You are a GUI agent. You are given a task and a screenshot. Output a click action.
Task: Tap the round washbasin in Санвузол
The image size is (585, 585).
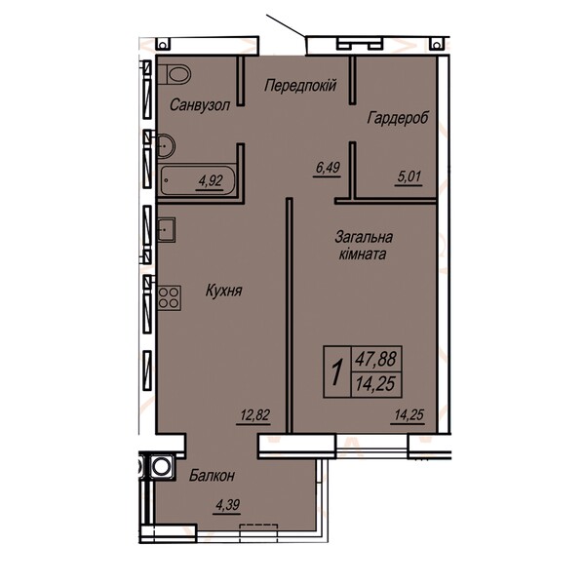tap(165, 145)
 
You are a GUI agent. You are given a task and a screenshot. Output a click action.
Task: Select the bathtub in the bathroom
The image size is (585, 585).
tap(198, 180)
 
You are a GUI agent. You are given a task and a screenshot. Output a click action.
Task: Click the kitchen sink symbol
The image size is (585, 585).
tap(166, 229)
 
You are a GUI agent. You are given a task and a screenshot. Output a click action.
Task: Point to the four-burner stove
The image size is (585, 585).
tap(169, 297)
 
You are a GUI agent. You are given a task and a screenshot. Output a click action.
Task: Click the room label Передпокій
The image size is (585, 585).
tap(300, 86)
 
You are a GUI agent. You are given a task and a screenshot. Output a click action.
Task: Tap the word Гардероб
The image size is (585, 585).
tap(398, 118)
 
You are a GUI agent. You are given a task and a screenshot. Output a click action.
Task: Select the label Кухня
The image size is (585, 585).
tap(224, 291)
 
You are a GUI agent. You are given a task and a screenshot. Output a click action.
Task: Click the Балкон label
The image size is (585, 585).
tap(212, 476)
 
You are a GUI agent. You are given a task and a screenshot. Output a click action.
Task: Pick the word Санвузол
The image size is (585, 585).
tap(200, 105)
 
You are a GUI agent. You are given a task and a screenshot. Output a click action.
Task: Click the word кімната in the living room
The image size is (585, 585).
tap(362, 254)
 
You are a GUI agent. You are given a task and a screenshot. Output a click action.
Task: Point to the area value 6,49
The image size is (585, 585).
tap(328, 168)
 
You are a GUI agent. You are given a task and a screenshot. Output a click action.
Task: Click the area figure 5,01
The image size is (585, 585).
tap(409, 176)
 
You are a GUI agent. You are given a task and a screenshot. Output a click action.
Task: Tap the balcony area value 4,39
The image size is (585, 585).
tap(227, 505)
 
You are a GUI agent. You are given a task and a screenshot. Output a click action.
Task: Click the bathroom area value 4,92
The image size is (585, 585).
tap(211, 181)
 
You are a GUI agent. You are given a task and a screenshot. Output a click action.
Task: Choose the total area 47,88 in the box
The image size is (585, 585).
tap(375, 359)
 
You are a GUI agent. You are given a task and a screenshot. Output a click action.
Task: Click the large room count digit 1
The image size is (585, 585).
tap(337, 371)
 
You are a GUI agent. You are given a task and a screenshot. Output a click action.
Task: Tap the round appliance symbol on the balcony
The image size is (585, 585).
tap(161, 466)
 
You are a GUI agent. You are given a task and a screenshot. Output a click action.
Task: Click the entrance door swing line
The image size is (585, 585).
tap(286, 26)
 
